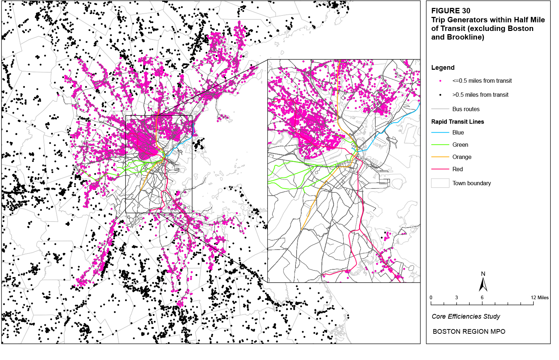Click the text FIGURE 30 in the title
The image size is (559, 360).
(451, 11)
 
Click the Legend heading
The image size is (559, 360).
(443, 68)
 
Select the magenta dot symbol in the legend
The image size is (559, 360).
(440, 81)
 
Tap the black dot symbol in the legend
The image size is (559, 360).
(440, 95)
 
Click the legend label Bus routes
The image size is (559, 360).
(466, 109)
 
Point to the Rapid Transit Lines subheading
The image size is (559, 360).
(458, 122)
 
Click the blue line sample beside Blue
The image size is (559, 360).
(440, 133)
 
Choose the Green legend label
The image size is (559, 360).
(460, 145)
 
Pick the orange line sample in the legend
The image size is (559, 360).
(440, 157)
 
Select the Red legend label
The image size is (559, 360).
(458, 169)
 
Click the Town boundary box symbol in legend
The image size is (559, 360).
(440, 183)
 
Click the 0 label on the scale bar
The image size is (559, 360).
(431, 298)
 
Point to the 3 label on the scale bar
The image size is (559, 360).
(457, 298)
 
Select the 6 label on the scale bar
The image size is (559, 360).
(482, 298)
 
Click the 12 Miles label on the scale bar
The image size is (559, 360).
(540, 298)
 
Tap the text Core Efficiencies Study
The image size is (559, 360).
(466, 316)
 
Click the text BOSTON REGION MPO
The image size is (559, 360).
(469, 332)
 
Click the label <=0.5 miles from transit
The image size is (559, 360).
(482, 81)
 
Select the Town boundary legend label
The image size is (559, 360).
(472, 183)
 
